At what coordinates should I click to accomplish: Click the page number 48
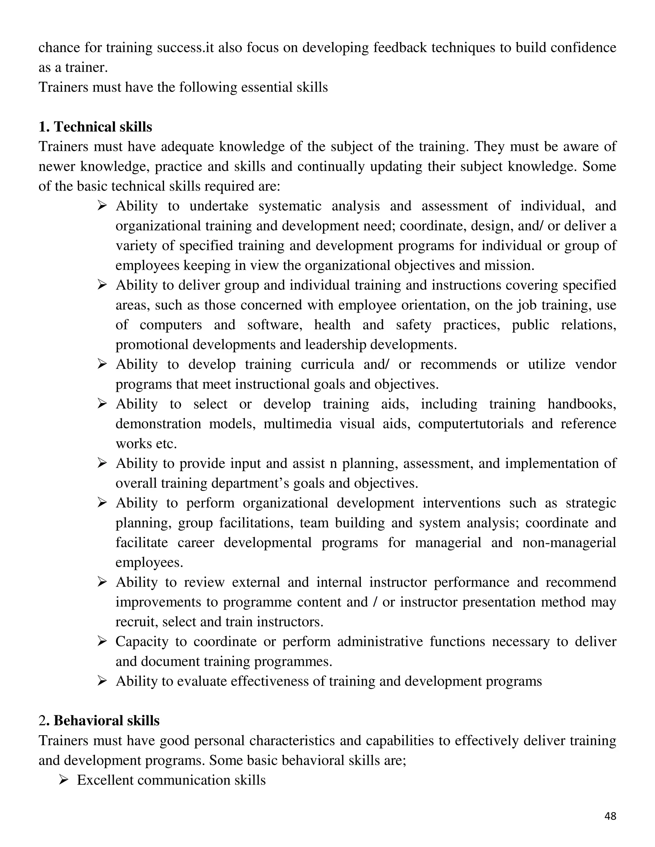[x=610, y=816]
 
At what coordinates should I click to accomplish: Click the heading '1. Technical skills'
[x=95, y=127]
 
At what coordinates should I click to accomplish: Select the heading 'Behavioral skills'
[x=106, y=720]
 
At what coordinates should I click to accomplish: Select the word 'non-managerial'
[x=569, y=542]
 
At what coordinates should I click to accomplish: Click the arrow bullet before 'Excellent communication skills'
[x=64, y=779]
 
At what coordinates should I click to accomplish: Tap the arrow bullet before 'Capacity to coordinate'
[x=102, y=641]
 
